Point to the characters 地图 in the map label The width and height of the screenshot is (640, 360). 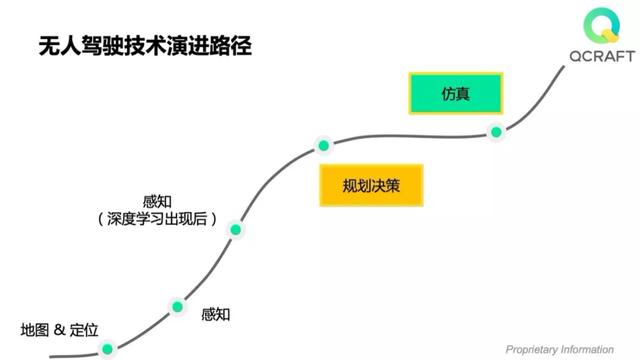(x=34, y=330)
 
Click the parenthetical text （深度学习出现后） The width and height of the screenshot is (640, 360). (x=159, y=218)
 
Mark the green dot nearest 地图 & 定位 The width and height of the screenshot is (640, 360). (x=109, y=349)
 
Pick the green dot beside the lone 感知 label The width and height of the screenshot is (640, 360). (x=178, y=306)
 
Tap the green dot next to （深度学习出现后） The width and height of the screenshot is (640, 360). (x=237, y=229)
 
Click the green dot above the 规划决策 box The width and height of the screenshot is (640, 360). (x=323, y=145)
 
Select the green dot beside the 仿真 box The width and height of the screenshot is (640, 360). (x=495, y=131)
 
